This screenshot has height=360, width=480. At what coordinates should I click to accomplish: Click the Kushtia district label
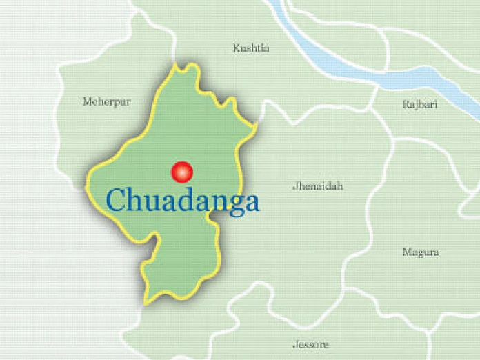pos(251,48)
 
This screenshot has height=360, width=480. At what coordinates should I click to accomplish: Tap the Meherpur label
pos(107,101)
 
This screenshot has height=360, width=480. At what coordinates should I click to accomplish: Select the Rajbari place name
pos(420,105)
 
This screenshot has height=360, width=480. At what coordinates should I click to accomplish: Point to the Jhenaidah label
pos(317,186)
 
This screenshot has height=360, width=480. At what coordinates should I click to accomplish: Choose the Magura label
pos(421,252)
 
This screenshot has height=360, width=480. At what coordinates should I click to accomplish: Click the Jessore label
pos(310,344)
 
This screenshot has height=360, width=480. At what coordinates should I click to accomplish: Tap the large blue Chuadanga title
pos(183,201)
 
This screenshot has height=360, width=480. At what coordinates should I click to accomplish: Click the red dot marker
pos(182,171)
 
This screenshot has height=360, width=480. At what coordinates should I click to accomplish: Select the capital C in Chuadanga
pos(117,200)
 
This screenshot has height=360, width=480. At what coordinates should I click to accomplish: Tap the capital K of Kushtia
pos(237,48)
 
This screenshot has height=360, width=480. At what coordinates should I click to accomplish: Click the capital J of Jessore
pos(294,344)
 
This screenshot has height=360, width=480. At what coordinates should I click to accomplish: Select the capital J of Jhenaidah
pos(294,186)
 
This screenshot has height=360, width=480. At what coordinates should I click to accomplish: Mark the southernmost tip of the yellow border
pos(147,303)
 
